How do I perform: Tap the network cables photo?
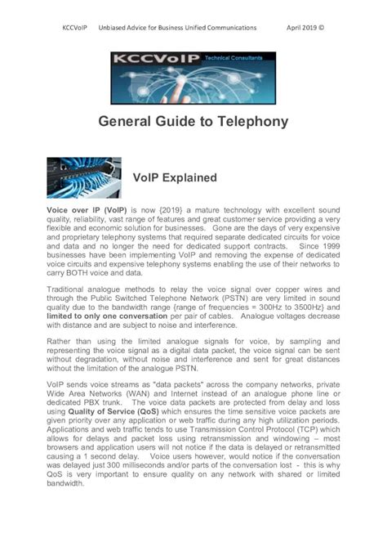point(84,178)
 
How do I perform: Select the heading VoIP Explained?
point(174,177)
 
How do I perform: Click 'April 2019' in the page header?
point(300,27)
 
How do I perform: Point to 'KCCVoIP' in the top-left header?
point(75,27)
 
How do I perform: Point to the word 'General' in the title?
point(130,122)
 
